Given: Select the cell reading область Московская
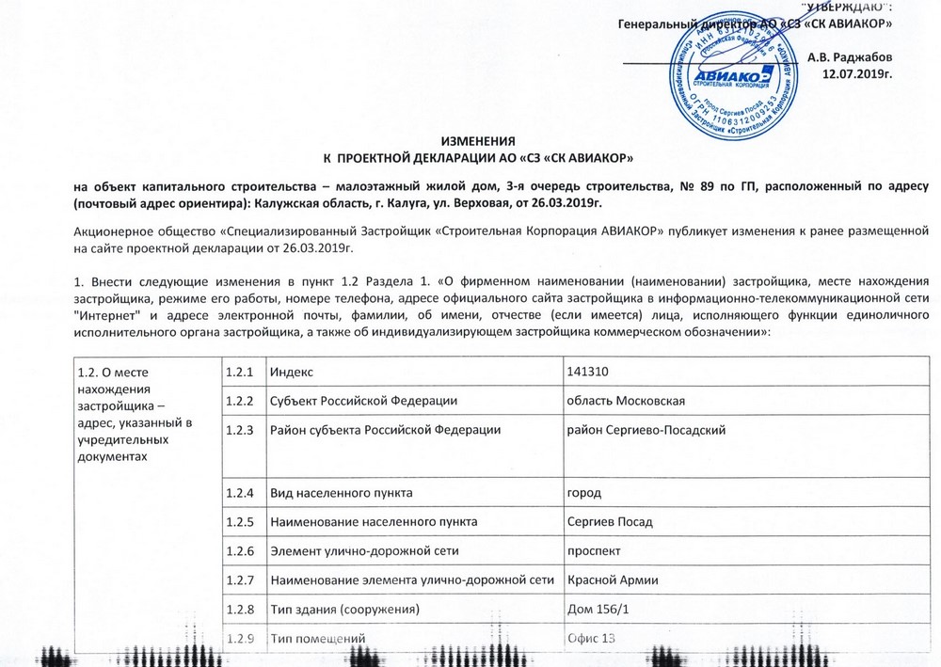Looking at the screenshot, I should pyautogui.click(x=624, y=402).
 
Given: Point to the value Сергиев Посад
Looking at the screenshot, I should pyautogui.click(x=610, y=521).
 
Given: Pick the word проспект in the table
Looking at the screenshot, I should pyautogui.click(x=594, y=551).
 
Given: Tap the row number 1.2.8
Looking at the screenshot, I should pyautogui.click(x=239, y=611).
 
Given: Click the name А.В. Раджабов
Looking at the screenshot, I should pyautogui.click(x=850, y=56).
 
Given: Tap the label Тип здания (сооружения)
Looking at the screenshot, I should pyautogui.click(x=343, y=611).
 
